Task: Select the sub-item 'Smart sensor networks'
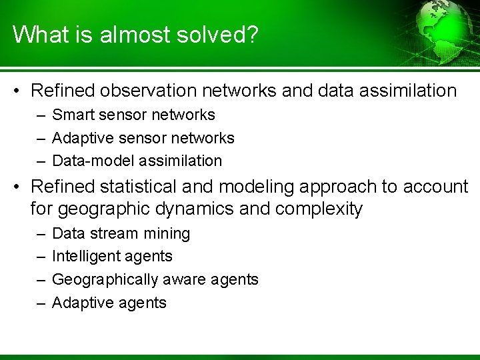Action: pos(133,115)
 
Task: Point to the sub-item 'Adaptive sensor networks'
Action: pos(143,138)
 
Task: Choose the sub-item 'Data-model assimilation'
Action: pos(137,161)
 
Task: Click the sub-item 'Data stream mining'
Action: pos(121,234)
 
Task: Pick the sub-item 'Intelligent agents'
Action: pos(112,257)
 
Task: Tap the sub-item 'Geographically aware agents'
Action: pos(155,279)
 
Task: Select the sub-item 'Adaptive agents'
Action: pos(109,303)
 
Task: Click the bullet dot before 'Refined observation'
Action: pos(19,91)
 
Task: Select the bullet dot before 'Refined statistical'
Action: pos(19,187)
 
